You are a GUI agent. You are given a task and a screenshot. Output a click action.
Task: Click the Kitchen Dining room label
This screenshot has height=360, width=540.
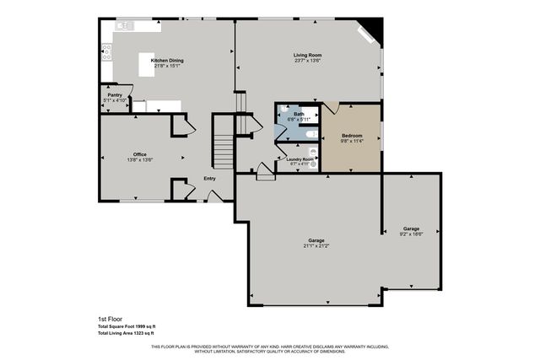point(167,61)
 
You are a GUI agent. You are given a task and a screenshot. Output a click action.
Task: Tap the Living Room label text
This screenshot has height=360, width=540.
point(307,56)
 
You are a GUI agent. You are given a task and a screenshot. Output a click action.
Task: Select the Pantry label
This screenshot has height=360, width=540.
point(115,95)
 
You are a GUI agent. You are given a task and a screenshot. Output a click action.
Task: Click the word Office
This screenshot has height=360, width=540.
point(140,155)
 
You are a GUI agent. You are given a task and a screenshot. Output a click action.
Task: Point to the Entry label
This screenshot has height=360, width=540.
point(209,178)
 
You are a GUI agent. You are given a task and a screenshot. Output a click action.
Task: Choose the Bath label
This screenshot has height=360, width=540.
point(299,114)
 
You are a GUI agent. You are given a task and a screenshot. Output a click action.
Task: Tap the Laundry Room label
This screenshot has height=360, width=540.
point(300,159)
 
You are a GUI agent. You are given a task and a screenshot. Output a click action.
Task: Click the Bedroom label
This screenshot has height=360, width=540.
point(352,135)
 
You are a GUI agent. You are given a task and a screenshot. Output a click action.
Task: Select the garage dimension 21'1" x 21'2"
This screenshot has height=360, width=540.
point(316,246)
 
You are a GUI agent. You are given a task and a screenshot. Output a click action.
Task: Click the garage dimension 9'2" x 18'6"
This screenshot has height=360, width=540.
point(411,234)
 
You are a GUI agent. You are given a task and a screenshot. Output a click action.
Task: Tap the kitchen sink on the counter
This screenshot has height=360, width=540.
point(124,26)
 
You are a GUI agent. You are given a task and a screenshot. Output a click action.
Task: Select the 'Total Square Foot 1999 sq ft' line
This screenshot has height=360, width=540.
point(127,326)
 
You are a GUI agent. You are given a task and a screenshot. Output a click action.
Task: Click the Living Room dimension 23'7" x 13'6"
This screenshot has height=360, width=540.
point(307,61)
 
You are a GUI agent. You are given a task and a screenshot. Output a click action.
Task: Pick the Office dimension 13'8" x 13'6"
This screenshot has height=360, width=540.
point(140,160)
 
